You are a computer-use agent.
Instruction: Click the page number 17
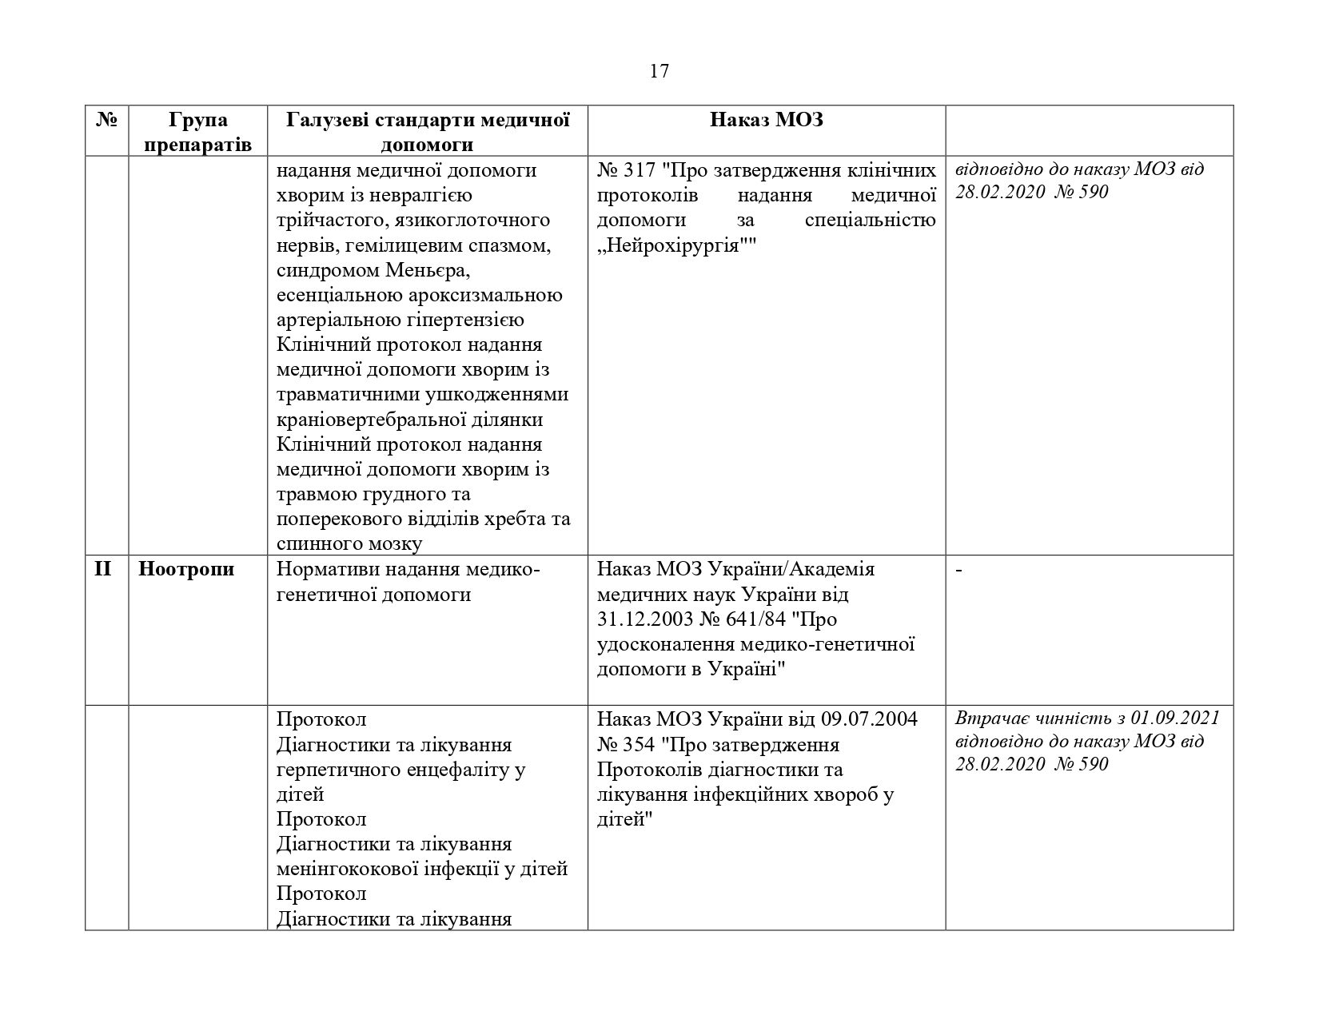[x=659, y=72]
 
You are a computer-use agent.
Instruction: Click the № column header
[x=106, y=121]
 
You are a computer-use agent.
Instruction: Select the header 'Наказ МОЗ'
[x=767, y=121]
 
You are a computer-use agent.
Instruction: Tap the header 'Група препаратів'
[x=198, y=133]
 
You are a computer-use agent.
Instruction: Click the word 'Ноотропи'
[x=186, y=570]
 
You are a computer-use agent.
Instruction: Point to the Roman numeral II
[x=103, y=570]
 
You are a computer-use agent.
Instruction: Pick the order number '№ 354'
[x=625, y=745]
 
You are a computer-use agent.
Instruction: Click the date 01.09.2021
[x=1176, y=718]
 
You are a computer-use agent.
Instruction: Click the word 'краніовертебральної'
[x=374, y=420]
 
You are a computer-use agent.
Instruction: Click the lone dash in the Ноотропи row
[x=958, y=570]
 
